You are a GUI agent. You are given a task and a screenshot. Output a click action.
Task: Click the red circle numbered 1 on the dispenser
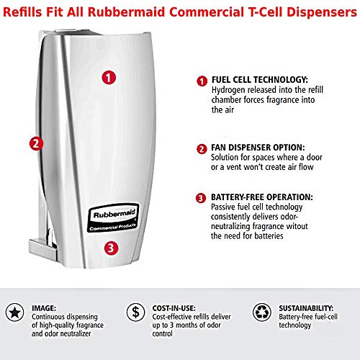[108, 76]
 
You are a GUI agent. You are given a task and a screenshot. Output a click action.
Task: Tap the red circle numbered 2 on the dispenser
[34, 143]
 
